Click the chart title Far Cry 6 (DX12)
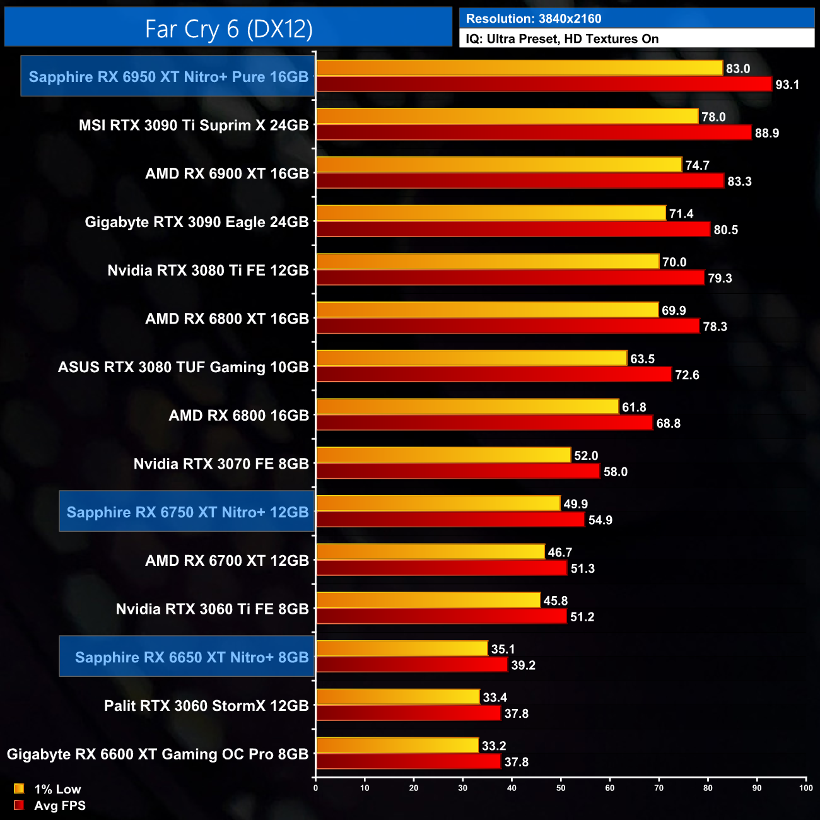(228, 28)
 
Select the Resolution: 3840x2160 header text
(534, 19)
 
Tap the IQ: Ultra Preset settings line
(562, 39)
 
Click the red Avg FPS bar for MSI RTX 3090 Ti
(534, 132)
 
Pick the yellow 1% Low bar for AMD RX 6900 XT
(499, 165)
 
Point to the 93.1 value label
(787, 85)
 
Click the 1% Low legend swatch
(19, 788)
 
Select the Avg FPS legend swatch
(19, 805)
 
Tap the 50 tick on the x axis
(561, 788)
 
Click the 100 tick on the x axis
(805, 788)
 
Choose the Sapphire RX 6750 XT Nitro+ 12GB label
(187, 512)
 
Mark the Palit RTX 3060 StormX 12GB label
(206, 706)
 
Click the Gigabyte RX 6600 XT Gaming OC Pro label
(158, 754)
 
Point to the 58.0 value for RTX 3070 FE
(615, 472)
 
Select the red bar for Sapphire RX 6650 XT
(412, 665)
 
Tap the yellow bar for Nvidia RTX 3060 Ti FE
(428, 600)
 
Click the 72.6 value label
(687, 375)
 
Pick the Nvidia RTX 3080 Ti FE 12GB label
(208, 271)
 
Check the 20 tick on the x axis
(414, 788)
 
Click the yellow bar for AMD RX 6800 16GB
(467, 407)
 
